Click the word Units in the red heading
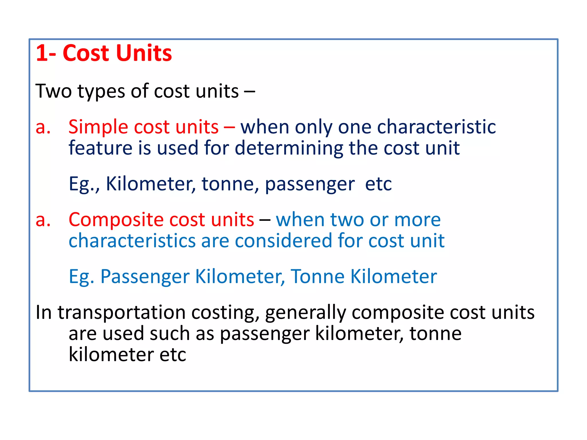(144, 53)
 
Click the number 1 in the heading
(42, 53)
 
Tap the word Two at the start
(53, 91)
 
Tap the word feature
(100, 148)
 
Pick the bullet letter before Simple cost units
(43, 127)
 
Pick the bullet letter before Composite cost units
(43, 220)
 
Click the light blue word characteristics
(132, 241)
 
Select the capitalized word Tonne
(318, 276)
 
